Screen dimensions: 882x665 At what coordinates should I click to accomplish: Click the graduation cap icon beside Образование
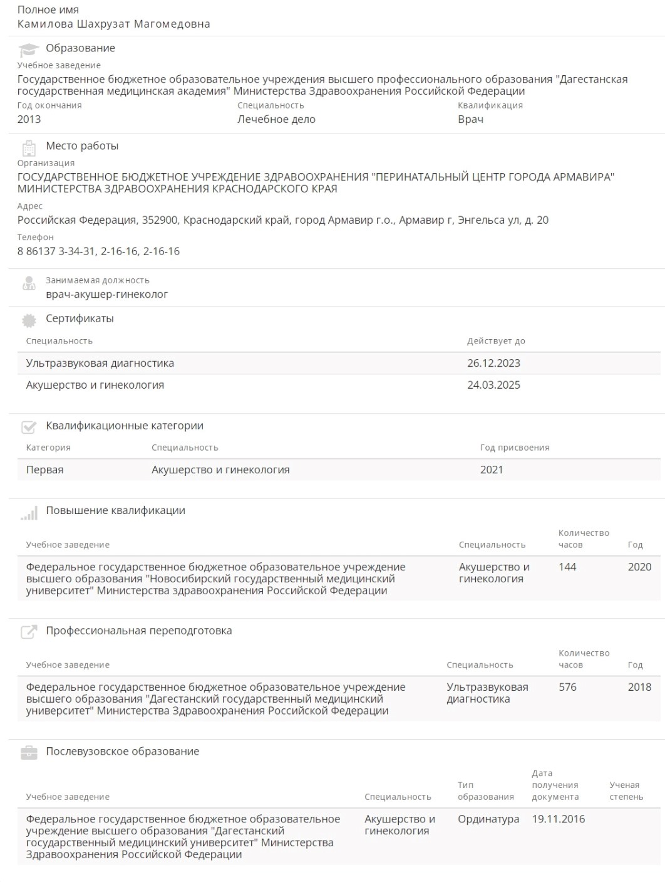[29, 49]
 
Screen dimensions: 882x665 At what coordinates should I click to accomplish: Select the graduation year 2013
[29, 119]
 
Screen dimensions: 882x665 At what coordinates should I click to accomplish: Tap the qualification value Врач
[470, 119]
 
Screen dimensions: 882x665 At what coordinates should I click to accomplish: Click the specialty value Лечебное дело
[276, 119]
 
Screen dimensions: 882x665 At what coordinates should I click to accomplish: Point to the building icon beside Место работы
[29, 147]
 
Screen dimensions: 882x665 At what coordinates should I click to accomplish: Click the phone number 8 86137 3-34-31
[56, 251]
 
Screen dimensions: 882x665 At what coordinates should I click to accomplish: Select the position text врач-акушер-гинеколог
[106, 294]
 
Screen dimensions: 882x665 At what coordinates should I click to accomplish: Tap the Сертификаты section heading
[80, 318]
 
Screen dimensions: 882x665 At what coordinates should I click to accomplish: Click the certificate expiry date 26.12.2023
[493, 363]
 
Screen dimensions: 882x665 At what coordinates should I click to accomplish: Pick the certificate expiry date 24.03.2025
[493, 385]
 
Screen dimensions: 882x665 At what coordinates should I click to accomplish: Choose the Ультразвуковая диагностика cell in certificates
[100, 363]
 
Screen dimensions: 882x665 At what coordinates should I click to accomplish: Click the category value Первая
[44, 470]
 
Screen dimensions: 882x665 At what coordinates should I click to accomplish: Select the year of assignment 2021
[492, 470]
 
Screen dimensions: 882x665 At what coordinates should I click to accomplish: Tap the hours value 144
[567, 567]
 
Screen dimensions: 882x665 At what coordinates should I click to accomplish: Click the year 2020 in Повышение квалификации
[639, 567]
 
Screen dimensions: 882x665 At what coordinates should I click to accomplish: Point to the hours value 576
[567, 687]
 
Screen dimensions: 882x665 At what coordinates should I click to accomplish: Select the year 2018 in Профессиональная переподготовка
[639, 687]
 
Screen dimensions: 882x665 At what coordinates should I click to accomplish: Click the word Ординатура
[488, 819]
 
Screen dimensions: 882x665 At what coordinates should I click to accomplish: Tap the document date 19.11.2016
[559, 819]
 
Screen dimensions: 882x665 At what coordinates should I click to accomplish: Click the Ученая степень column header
[626, 791]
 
